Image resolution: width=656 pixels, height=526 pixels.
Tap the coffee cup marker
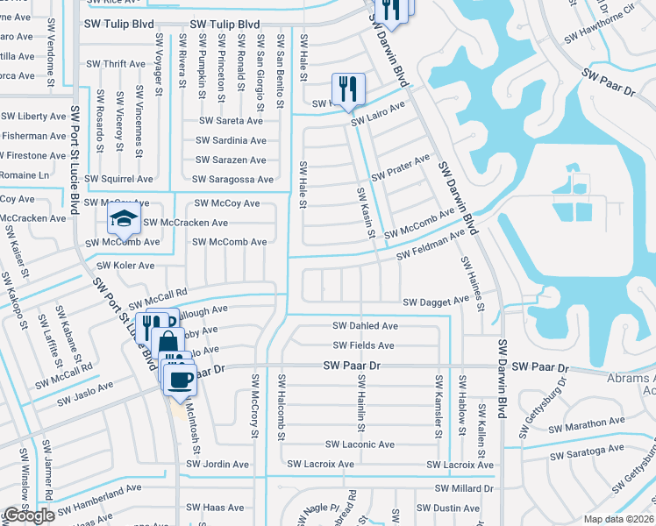(x=181, y=380)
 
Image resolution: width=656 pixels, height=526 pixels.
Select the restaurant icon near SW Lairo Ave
(x=348, y=89)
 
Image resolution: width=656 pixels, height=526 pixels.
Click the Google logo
(x=29, y=515)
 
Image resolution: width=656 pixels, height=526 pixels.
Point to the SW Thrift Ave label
(x=116, y=64)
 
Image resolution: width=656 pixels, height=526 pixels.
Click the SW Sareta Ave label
(x=231, y=121)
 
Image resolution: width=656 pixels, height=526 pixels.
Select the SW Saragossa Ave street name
(x=233, y=180)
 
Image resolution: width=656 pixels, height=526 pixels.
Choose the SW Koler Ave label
(x=125, y=266)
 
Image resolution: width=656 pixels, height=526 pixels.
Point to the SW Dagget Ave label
(x=436, y=302)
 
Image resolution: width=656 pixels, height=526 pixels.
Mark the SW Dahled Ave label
(x=365, y=325)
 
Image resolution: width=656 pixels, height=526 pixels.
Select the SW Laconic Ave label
(x=360, y=444)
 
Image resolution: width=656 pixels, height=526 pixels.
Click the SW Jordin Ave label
(x=217, y=464)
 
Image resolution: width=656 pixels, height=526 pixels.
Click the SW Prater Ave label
(x=400, y=165)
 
